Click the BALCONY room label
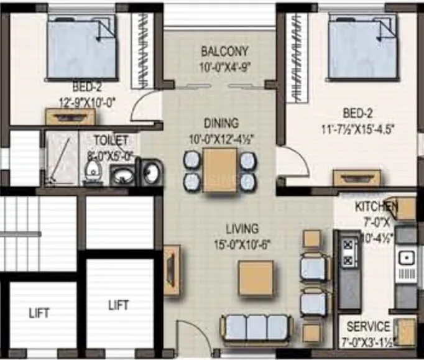click(224, 51)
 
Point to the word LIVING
click(242, 229)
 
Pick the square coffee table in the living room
click(256, 279)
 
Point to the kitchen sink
click(408, 257)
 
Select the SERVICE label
click(368, 326)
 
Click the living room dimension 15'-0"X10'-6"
click(242, 244)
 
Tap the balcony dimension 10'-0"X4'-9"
click(224, 66)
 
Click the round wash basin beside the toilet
click(122, 176)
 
